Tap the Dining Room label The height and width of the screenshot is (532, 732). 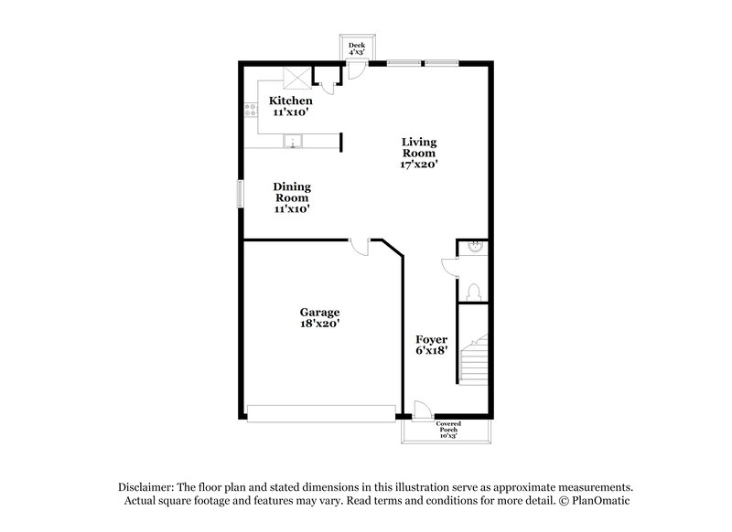291,197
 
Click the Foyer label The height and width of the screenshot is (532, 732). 432,345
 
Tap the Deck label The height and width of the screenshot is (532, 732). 356,48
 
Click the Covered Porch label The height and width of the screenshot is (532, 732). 448,428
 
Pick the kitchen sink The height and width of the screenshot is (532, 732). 294,140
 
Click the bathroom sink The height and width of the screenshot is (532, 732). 475,247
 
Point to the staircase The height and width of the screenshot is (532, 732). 475,359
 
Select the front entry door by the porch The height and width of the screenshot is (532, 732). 421,410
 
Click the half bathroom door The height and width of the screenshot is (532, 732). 448,266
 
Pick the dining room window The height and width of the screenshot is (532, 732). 241,194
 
